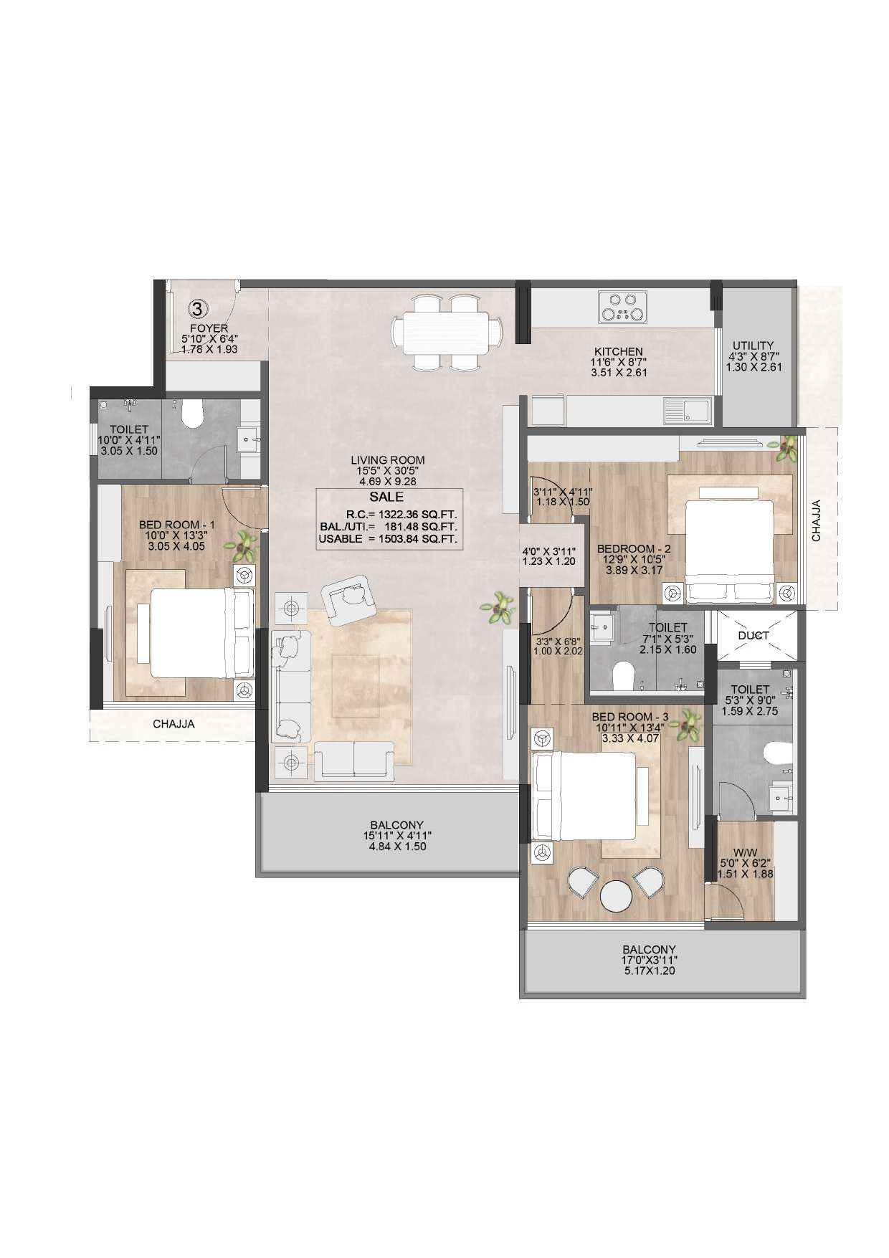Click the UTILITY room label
click(x=751, y=345)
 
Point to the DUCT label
click(x=753, y=635)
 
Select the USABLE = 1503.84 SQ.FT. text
click(x=388, y=540)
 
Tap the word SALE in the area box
click(x=386, y=497)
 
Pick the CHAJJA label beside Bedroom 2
click(x=816, y=520)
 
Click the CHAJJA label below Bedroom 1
click(x=173, y=724)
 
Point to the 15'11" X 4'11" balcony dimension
click(x=397, y=836)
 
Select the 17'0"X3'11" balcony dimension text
click(x=649, y=960)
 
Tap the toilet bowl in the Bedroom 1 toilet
click(x=194, y=411)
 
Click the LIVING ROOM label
click(x=388, y=460)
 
